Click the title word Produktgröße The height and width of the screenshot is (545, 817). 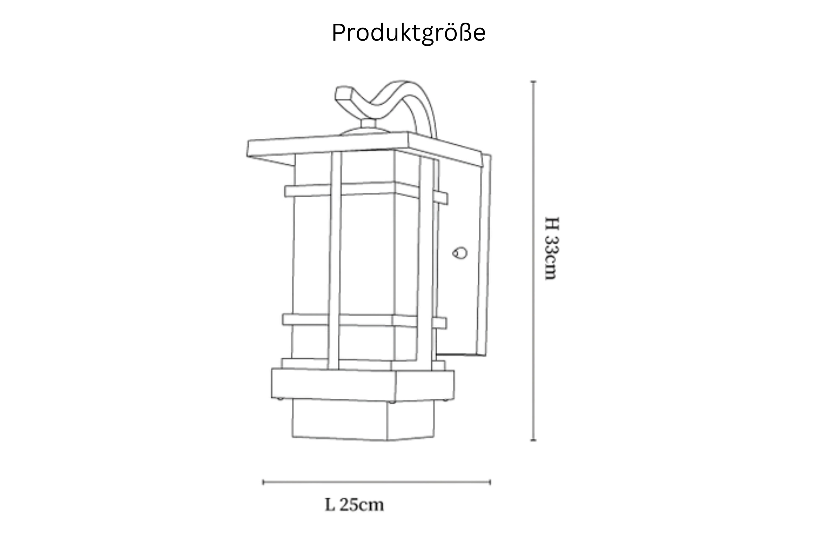coord(408,33)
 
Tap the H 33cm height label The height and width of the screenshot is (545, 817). coord(552,248)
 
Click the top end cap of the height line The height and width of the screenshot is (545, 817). coord(534,82)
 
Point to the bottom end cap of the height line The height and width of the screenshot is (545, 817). coord(534,440)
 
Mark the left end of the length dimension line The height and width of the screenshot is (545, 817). coord(263,482)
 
